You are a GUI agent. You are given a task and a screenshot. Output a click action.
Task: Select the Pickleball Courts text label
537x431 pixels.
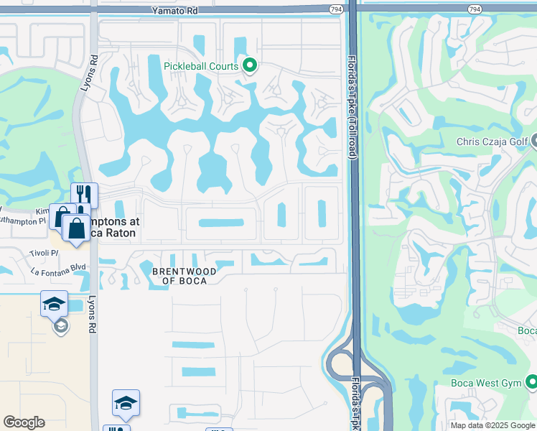point(201,67)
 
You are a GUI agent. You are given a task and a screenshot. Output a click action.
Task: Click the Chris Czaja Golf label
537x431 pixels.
point(492,142)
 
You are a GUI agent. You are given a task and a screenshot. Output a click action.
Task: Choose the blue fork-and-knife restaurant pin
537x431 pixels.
point(84,195)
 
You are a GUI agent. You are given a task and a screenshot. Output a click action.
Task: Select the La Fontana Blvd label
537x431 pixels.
point(58,271)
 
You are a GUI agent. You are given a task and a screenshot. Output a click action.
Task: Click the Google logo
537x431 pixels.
point(24,422)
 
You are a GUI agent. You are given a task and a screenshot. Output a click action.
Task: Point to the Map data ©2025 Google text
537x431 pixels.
point(492,425)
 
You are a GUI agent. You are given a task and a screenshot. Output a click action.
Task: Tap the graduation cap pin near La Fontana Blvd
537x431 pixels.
point(54,304)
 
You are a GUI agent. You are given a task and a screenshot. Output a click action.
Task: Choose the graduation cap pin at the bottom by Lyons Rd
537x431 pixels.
point(126,403)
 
